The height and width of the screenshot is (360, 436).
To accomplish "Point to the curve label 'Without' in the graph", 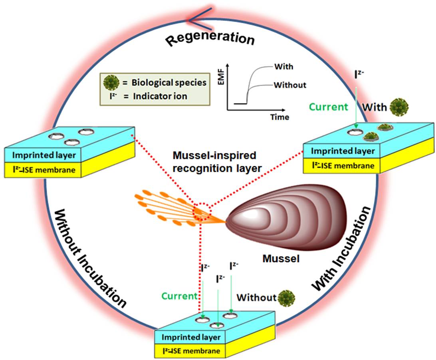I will point(289,85).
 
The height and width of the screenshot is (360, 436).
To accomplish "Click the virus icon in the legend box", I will point(110,83).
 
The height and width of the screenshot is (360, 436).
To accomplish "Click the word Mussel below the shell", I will point(281,259).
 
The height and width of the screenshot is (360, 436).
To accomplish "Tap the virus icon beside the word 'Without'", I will point(286,297).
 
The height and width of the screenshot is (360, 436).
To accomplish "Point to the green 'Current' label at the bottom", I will point(179,296).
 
